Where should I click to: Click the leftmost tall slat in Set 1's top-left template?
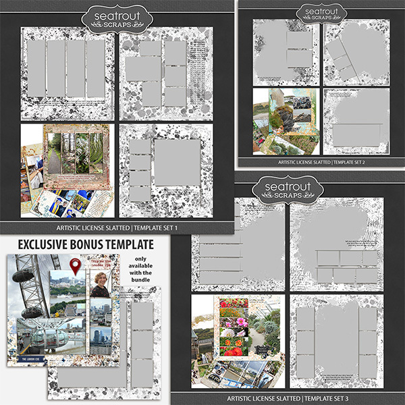click(x=35, y=68)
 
